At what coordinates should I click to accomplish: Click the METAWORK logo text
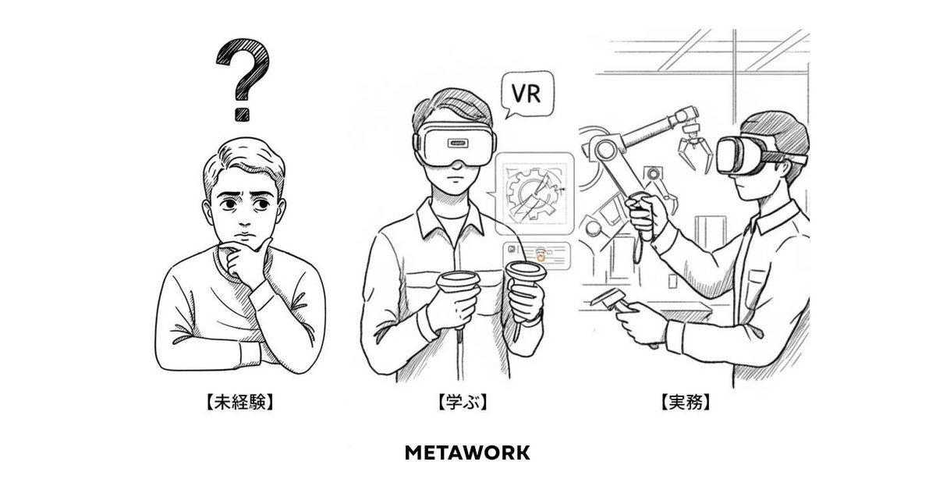(468, 453)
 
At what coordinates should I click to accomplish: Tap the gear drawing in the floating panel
(534, 194)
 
